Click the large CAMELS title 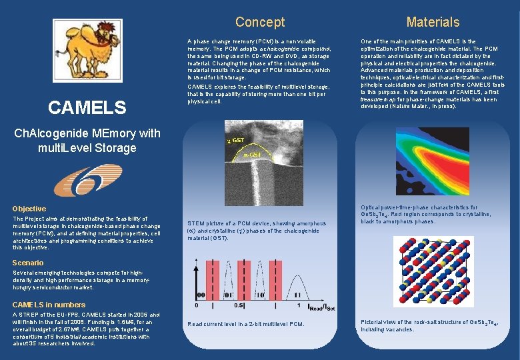tap(86, 107)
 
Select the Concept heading tap(260, 22)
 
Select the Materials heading tap(433, 22)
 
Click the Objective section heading tap(29, 209)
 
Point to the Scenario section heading tap(28, 263)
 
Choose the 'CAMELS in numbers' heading tap(49, 305)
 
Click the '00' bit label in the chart tap(199, 295)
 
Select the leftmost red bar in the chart tap(215, 279)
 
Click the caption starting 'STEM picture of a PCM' tap(257, 231)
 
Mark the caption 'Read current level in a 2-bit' tap(245, 324)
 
